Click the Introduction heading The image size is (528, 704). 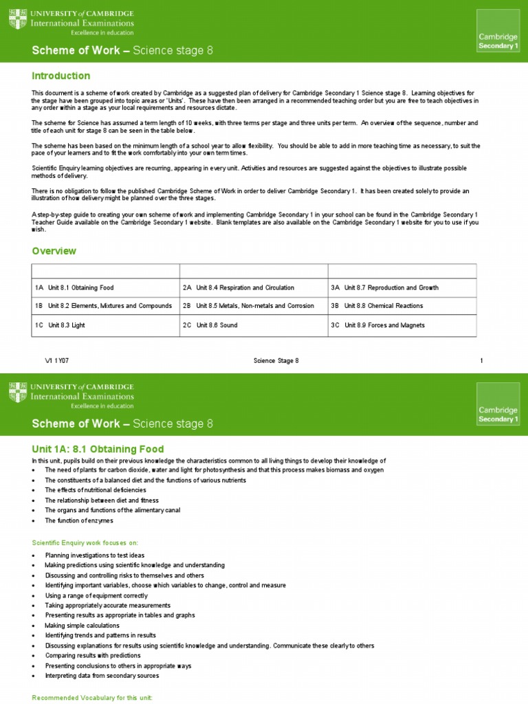[x=61, y=76]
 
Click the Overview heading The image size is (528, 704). [x=54, y=252]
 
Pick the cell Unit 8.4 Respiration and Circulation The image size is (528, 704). [x=239, y=287]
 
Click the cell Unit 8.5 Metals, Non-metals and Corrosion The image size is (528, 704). [x=248, y=306]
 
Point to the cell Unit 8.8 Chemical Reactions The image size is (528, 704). [x=377, y=306]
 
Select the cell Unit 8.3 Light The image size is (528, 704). [x=60, y=325]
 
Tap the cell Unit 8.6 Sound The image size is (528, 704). [x=211, y=325]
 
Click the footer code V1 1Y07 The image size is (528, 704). [x=57, y=361]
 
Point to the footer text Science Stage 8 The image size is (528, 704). [x=276, y=361]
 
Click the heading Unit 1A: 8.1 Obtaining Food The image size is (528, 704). [x=98, y=450]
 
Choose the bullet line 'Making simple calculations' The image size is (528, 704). [x=82, y=626]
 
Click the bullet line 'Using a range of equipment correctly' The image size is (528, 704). [x=96, y=595]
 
